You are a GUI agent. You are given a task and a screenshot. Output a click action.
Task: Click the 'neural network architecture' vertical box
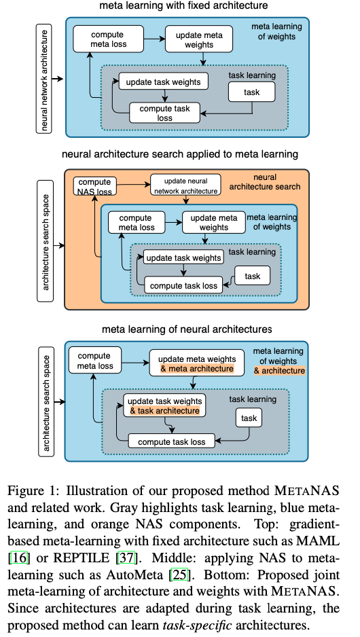(x=45, y=79)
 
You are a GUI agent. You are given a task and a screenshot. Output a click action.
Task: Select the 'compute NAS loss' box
(x=95, y=187)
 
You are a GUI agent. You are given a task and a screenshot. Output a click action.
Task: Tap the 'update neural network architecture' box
(x=185, y=185)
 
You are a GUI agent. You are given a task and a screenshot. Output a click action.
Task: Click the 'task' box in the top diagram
(x=251, y=92)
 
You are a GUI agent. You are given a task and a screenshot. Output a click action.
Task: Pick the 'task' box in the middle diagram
(x=252, y=276)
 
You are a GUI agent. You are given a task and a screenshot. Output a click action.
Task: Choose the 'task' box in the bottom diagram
(x=249, y=418)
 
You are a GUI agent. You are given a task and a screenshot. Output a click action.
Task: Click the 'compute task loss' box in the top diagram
(x=164, y=113)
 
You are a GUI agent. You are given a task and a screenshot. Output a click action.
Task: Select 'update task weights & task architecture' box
(x=164, y=405)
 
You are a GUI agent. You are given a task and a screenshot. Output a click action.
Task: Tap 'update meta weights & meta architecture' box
(x=197, y=363)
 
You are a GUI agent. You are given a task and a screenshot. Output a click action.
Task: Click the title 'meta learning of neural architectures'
(x=187, y=329)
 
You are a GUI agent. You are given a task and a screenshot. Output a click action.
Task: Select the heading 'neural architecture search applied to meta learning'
(x=180, y=154)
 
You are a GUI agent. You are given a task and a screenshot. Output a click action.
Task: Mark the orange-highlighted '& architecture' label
(x=279, y=371)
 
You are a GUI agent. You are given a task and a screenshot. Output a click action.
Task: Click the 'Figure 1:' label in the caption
(x=34, y=490)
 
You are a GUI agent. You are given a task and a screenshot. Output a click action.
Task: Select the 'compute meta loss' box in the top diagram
(x=109, y=39)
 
